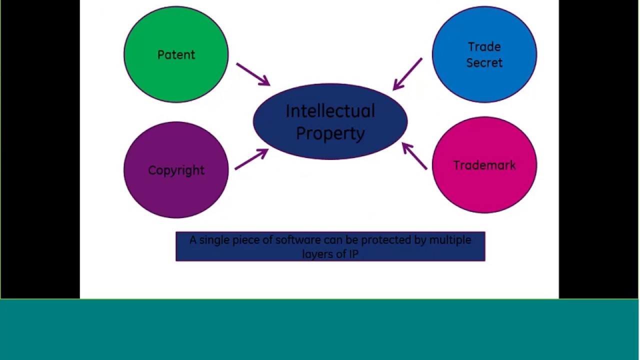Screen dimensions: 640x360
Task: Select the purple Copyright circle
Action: (176, 195)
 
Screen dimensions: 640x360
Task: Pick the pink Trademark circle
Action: (484, 190)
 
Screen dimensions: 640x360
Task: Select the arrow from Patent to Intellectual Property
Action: (253, 74)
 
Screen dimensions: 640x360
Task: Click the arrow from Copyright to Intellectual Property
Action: (251, 159)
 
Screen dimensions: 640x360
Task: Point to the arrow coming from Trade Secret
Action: (407, 74)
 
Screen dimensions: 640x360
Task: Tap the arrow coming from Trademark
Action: (414, 156)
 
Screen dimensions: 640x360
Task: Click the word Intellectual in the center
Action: (330, 111)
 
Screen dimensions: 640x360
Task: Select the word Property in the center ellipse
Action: (330, 133)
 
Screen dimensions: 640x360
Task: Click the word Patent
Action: (176, 55)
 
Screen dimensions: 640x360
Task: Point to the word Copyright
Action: (176, 170)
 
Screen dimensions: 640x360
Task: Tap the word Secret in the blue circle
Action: (484, 63)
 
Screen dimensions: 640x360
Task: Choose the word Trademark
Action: (484, 165)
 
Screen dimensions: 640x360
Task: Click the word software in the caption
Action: (298, 240)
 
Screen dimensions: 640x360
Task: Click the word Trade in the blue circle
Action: (484, 47)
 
